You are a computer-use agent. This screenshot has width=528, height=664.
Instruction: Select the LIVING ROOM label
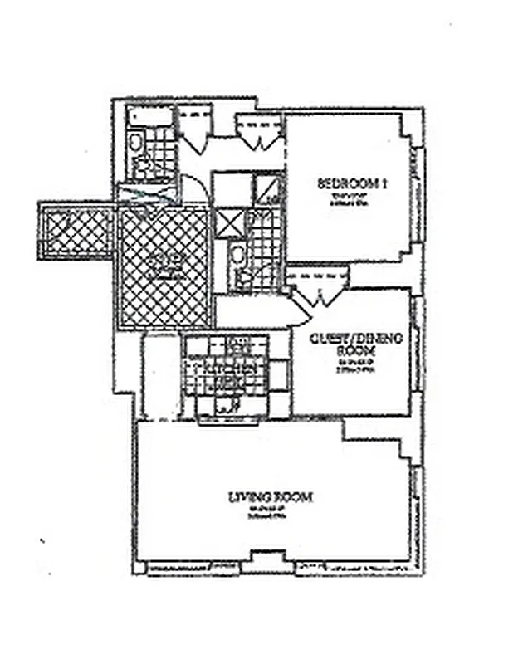tap(271, 497)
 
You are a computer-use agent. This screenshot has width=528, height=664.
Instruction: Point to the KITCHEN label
tap(225, 372)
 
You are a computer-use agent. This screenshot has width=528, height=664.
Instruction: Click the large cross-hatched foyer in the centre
tap(164, 267)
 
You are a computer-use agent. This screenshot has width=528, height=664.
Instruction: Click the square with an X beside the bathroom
tap(227, 223)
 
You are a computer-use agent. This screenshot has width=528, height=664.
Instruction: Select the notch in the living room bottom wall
tap(266, 558)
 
